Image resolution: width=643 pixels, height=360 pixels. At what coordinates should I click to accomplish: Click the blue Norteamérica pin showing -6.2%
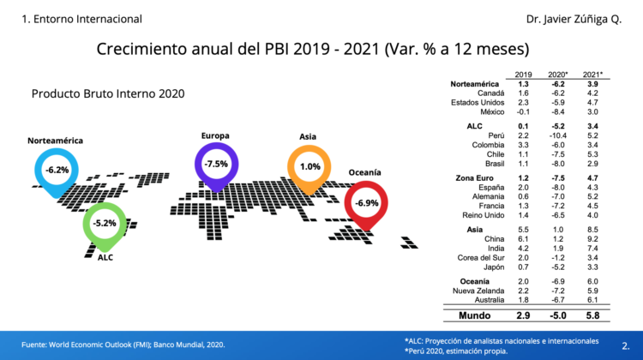point(57,170)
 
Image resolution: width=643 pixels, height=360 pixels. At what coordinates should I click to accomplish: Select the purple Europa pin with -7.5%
point(217,164)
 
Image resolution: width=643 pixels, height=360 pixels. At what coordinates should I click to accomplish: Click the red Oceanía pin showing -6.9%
point(367,202)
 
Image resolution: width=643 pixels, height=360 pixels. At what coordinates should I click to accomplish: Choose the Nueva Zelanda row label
point(481,290)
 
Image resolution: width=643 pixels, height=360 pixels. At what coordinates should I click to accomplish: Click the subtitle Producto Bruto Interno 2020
point(108,93)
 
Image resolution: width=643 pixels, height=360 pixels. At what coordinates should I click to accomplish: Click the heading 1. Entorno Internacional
point(70,19)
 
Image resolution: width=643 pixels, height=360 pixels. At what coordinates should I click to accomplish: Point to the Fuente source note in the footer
point(123,344)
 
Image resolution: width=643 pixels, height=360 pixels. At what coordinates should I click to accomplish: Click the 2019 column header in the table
point(523,75)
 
